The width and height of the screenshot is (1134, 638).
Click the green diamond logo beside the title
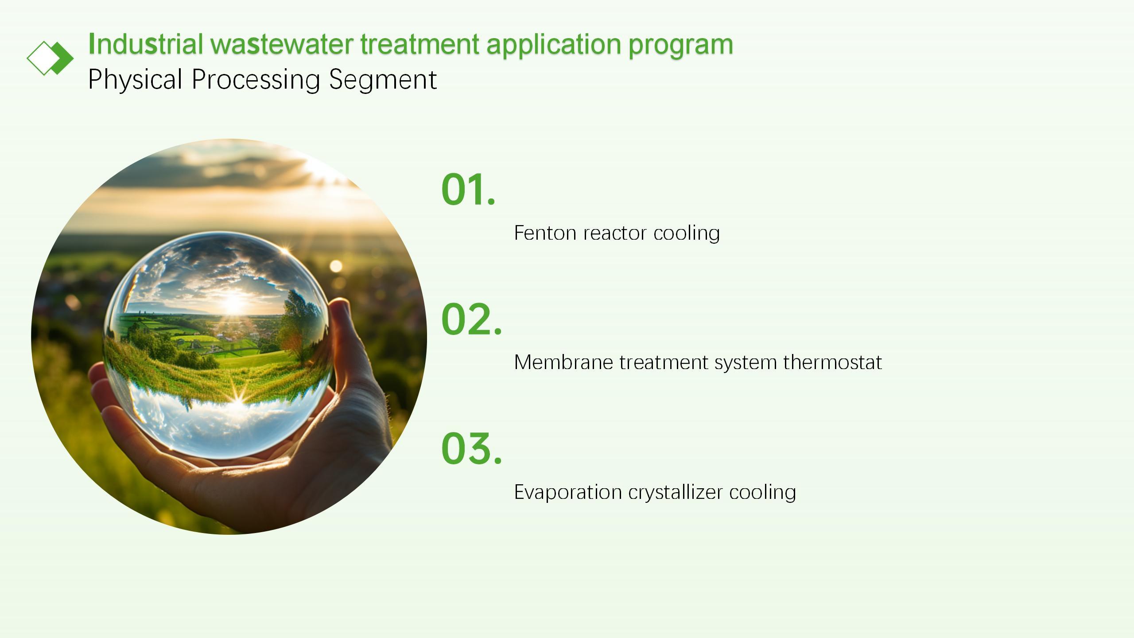[x=50, y=58]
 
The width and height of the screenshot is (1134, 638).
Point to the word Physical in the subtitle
[x=135, y=80]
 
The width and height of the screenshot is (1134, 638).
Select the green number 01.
[x=468, y=189]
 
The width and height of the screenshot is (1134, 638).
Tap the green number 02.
[x=471, y=319]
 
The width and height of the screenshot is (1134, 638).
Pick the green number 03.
[x=471, y=448]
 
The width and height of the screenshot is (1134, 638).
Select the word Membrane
[x=563, y=362]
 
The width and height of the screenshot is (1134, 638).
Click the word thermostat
[x=832, y=362]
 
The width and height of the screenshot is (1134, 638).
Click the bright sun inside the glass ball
[x=233, y=304]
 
